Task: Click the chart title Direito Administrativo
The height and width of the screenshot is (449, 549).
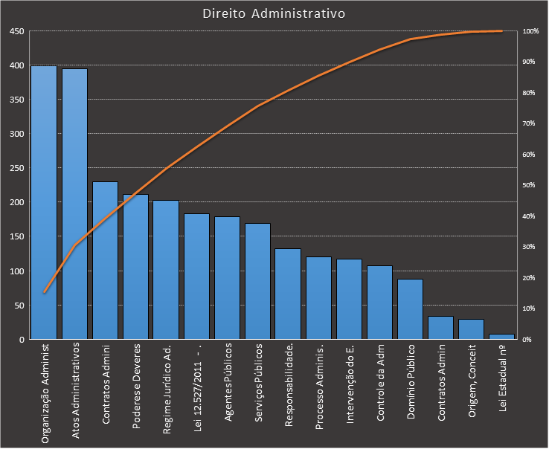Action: [x=274, y=14]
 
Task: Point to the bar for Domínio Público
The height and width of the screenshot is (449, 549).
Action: [x=410, y=309]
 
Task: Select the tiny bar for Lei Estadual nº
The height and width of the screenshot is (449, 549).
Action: [x=501, y=337]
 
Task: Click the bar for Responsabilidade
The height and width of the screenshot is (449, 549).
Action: [x=288, y=294]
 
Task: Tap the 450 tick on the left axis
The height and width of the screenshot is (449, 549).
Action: [x=16, y=31]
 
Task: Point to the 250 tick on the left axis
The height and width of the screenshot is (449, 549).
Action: [x=16, y=168]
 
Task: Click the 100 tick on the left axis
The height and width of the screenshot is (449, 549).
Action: [x=16, y=271]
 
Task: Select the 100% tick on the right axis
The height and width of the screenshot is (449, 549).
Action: [x=530, y=31]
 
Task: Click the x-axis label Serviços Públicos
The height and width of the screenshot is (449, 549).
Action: [x=258, y=384]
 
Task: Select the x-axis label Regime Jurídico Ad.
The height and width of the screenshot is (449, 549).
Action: [x=167, y=390]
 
